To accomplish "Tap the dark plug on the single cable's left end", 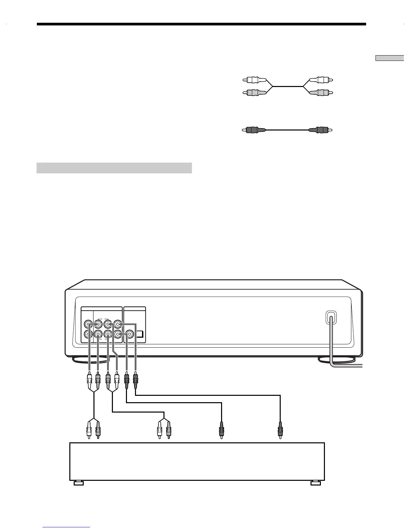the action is pos(254,129).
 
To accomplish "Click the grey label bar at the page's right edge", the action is pos(390,58).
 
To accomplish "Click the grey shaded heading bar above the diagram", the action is pos(114,168).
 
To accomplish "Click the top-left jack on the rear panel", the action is pos(88,324).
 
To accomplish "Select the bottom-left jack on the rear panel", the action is pos(88,334).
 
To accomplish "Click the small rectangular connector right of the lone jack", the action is pos(140,334).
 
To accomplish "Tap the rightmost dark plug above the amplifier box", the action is pos(280,429).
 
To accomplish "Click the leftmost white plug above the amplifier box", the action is pos(89,429).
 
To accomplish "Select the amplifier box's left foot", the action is pos(78,483).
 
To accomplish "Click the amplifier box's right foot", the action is pos(316,483).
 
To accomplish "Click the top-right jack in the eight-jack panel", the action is pos(117,324).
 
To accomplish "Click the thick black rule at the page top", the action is pos(201,24).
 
